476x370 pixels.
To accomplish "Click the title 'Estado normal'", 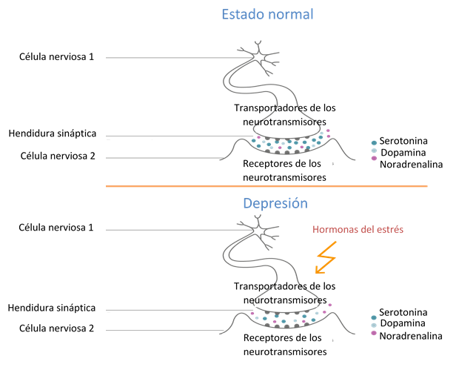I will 267,14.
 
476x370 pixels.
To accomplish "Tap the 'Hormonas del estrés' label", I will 358,230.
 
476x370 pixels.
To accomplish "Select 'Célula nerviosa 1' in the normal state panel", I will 56,56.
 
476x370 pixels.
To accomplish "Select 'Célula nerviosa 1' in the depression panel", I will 56,227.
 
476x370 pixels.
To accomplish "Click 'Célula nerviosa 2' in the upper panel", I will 56,156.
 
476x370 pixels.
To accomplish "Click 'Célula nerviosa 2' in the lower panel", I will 56,327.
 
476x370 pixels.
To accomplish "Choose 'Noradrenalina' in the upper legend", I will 411,164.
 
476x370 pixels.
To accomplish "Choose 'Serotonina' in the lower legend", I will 404,311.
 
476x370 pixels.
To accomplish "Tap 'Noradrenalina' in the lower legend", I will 411,336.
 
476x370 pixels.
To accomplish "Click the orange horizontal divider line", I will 267,185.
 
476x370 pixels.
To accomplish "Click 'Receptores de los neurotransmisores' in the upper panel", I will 284,171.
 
